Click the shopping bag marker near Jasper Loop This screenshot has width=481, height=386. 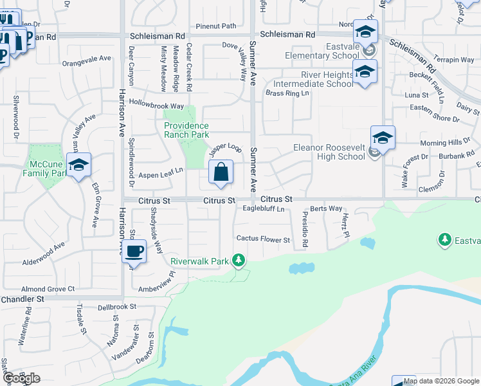[x=220, y=172]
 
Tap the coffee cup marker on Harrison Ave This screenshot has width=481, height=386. [x=134, y=251]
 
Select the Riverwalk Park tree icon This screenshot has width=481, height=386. [x=239, y=261]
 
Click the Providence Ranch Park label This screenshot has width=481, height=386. [x=186, y=131]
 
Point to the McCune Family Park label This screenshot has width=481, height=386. [x=45, y=169]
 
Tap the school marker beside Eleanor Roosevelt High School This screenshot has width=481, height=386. [x=383, y=138]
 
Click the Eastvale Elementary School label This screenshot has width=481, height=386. [x=324, y=51]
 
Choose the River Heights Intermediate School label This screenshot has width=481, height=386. [x=313, y=79]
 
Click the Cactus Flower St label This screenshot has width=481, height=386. [x=263, y=239]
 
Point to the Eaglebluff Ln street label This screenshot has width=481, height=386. [x=263, y=208]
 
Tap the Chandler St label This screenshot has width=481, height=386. [x=23, y=299]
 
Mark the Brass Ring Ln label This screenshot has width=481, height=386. [x=287, y=93]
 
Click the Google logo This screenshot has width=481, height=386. [x=21, y=378]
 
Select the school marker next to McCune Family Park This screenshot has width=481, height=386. [x=78, y=165]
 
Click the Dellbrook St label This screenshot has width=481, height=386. [x=118, y=308]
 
